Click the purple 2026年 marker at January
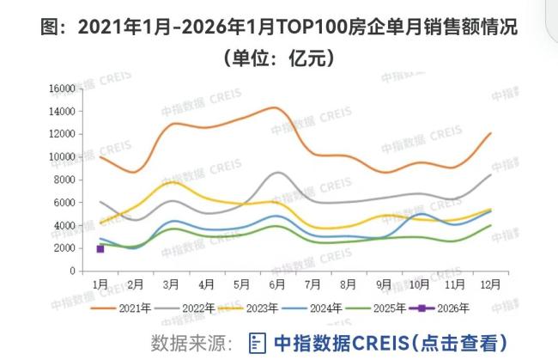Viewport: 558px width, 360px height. pyautogui.click(x=100, y=248)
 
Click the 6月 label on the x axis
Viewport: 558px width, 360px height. pyautogui.click(x=276, y=283)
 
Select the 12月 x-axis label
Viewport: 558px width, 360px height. pyautogui.click(x=489, y=283)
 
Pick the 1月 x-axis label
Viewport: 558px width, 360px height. pyautogui.click(x=100, y=283)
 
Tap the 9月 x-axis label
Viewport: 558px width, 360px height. pyautogui.click(x=383, y=283)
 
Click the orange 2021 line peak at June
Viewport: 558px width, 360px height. pyautogui.click(x=275, y=107)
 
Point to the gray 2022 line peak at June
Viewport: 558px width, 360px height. pyautogui.click(x=276, y=173)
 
